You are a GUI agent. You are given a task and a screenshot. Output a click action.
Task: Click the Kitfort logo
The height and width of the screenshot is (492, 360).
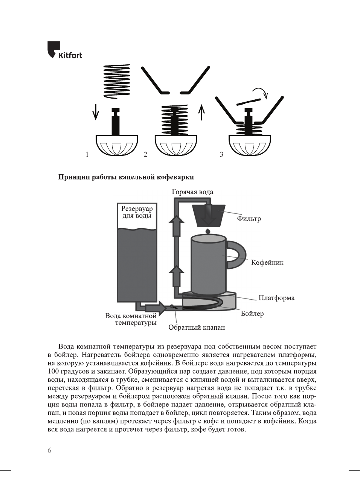tap(64, 50)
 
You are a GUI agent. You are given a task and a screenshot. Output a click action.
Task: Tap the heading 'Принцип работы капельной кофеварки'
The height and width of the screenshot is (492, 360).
tap(126, 177)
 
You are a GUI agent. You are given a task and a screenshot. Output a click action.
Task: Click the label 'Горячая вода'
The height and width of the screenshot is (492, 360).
tap(192, 192)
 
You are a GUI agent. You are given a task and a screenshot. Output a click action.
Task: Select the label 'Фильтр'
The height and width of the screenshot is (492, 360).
tap(249, 219)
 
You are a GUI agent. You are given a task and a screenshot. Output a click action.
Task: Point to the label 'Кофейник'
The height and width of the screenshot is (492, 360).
tap(267, 262)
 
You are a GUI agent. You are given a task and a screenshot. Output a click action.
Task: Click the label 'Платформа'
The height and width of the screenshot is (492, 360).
tap(276, 298)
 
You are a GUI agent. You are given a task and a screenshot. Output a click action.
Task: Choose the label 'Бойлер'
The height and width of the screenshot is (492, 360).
tap(252, 314)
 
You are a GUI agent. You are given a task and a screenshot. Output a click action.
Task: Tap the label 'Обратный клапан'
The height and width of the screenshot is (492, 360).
tap(196, 327)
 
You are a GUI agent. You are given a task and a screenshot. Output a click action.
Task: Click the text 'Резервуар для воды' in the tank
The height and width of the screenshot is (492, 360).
tap(137, 212)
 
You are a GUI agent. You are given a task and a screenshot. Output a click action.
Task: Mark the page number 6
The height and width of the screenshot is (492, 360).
tap(49, 450)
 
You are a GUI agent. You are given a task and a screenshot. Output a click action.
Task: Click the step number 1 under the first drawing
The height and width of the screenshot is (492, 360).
tap(87, 154)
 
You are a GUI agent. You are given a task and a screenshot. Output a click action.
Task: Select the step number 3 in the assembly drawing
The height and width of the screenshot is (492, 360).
tap(221, 154)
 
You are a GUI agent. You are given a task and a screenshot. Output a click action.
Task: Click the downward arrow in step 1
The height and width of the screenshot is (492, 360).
tap(96, 112)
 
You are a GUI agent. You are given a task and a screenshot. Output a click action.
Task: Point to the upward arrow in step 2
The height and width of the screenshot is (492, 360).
tap(202, 112)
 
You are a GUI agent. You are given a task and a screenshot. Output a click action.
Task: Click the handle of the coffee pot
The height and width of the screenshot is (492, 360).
tap(237, 255)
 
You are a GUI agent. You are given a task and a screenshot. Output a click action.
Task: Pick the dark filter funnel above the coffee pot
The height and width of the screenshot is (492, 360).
tap(208, 216)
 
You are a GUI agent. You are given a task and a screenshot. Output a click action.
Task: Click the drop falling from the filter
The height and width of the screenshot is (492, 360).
tap(207, 231)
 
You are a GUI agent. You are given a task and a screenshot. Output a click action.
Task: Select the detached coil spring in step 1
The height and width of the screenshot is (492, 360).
tap(116, 81)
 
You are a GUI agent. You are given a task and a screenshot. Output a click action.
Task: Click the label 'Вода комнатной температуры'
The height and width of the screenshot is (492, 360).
tap(131, 319)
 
